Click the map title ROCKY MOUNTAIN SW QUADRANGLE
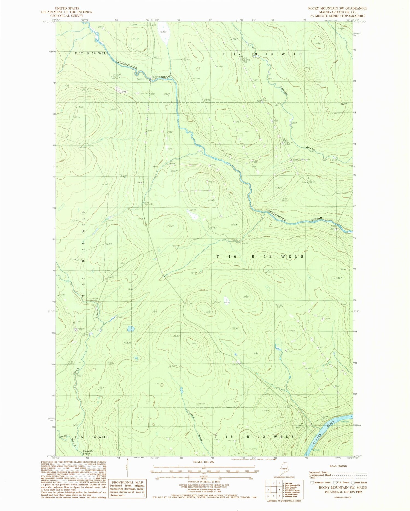click(x=338, y=8)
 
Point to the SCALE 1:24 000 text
click(x=204, y=462)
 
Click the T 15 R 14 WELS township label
click(x=91, y=437)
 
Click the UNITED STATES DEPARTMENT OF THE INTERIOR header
click(x=67, y=12)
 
